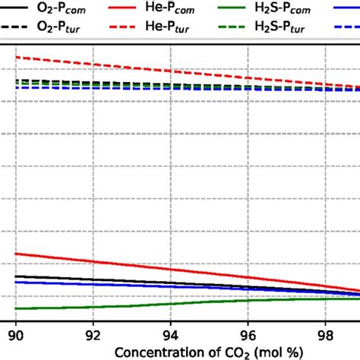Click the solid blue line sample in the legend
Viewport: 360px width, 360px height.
tap(345, 9)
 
